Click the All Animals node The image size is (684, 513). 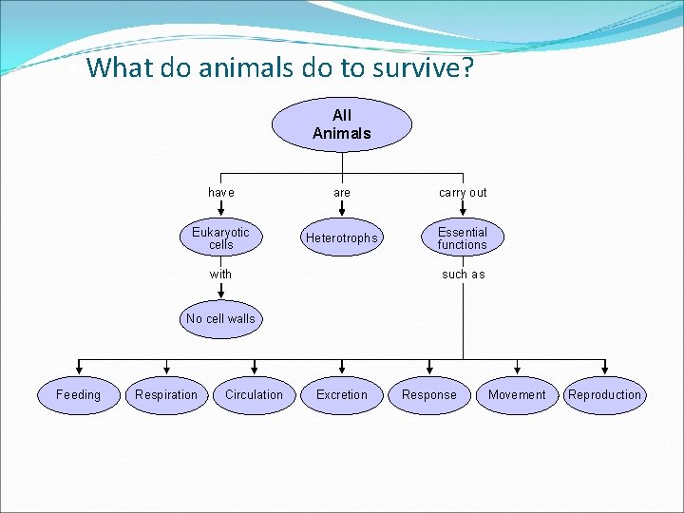pyautogui.click(x=342, y=124)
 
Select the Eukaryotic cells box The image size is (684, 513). pyautogui.click(x=220, y=238)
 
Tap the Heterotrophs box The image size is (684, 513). pyautogui.click(x=341, y=238)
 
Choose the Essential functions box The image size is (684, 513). pyautogui.click(x=462, y=238)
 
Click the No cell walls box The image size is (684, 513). pyautogui.click(x=220, y=319)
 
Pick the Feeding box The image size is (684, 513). pyautogui.click(x=78, y=395)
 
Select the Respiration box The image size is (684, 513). pyautogui.click(x=166, y=395)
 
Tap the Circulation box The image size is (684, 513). pyautogui.click(x=254, y=395)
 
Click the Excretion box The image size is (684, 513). pyautogui.click(x=341, y=395)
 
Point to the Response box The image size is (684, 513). pyautogui.click(x=429, y=395)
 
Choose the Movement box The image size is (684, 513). pyautogui.click(x=517, y=395)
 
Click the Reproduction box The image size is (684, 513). pyautogui.click(x=604, y=395)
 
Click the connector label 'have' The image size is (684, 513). pyautogui.click(x=220, y=193)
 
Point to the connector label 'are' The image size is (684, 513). pyautogui.click(x=342, y=193)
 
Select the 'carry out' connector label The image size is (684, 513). pyautogui.click(x=463, y=193)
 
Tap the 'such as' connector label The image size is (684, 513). pyautogui.click(x=463, y=275)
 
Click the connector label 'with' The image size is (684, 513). pyautogui.click(x=220, y=275)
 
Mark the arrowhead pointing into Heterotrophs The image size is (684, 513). pyautogui.click(x=342, y=216)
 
